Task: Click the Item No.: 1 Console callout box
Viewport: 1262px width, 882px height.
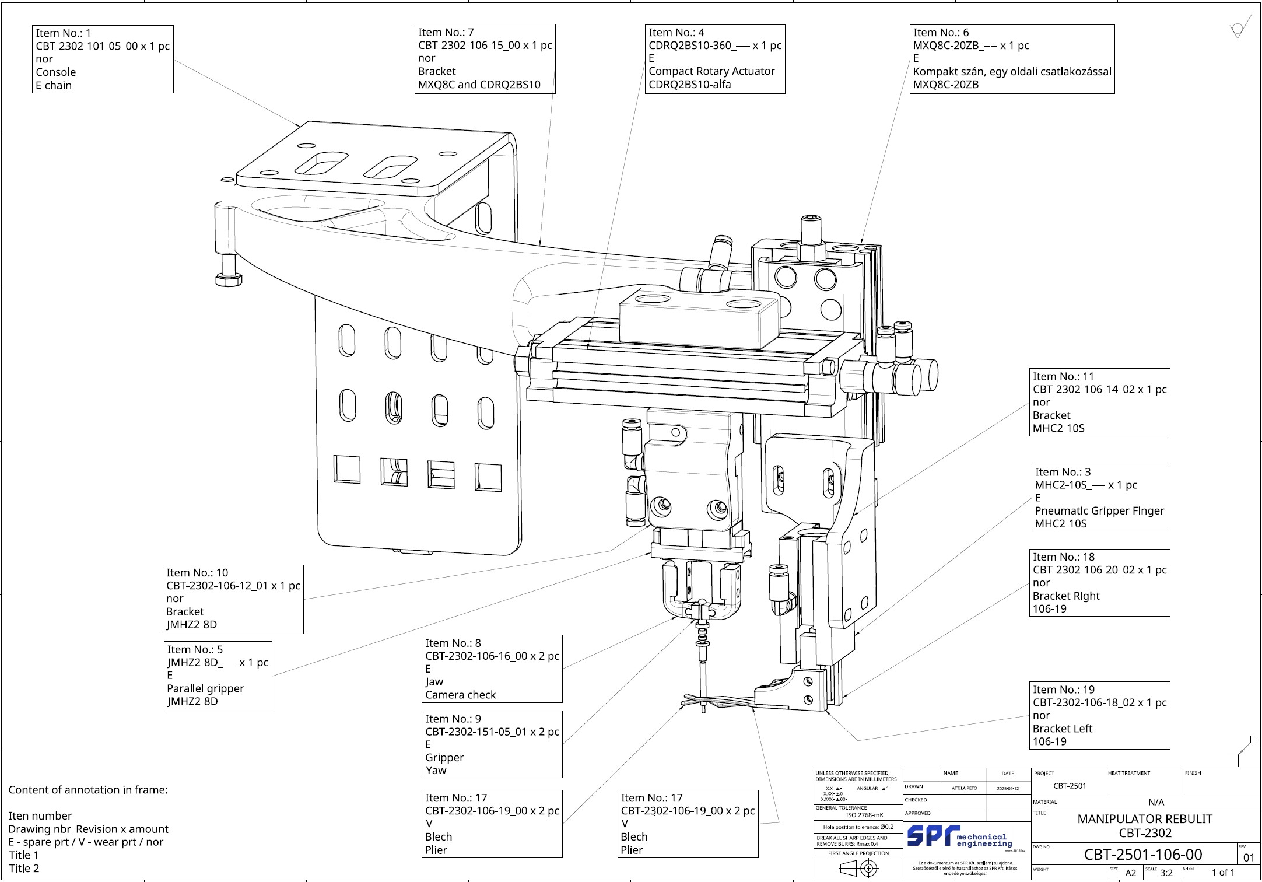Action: click(x=103, y=59)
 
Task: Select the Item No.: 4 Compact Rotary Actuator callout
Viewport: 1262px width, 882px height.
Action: click(x=714, y=59)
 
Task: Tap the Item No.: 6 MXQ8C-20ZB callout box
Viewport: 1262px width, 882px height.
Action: click(x=1011, y=59)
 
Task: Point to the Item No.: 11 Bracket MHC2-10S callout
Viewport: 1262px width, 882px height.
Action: click(x=1099, y=402)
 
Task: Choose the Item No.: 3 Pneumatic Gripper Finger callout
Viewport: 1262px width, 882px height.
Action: click(x=1099, y=498)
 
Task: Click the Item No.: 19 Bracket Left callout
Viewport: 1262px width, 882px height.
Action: click(x=1099, y=715)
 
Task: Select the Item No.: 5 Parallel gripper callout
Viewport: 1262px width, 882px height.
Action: click(x=218, y=675)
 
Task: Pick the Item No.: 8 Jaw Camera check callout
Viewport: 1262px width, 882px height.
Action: click(x=492, y=668)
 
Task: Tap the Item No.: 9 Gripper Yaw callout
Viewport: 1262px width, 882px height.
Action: click(x=492, y=744)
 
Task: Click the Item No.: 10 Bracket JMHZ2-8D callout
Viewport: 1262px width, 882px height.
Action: click(x=233, y=598)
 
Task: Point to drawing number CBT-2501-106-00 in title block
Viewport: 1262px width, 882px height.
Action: click(x=1142, y=855)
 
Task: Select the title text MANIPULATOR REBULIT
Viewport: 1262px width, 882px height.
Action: click(x=1144, y=819)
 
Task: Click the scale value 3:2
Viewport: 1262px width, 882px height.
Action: click(x=1166, y=873)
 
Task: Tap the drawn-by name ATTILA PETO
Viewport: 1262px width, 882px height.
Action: click(x=964, y=788)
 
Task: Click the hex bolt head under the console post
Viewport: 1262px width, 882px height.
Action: click(x=229, y=280)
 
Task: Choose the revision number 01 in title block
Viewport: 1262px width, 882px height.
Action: click(x=1249, y=858)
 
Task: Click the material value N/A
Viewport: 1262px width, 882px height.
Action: click(x=1156, y=802)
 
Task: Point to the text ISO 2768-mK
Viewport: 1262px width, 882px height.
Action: click(x=864, y=815)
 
